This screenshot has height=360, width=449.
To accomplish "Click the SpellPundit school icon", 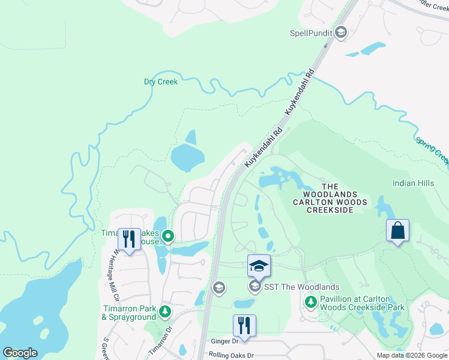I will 341,32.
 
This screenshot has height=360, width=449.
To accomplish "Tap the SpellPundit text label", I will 312,33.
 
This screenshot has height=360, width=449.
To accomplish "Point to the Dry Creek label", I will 161,82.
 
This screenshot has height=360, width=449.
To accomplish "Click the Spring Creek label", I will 432,150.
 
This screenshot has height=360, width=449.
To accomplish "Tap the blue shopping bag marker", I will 397,230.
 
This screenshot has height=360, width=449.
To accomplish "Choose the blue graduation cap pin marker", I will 259,265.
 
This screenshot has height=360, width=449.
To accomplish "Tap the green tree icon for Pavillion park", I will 310,302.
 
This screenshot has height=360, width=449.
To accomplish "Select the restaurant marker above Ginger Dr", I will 244,325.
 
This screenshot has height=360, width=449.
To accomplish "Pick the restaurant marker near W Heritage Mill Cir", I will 129,239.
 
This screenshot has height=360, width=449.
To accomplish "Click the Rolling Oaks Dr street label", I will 231,355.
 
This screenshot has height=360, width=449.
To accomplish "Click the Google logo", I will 20,353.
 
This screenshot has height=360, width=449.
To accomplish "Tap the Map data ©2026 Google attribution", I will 411,355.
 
